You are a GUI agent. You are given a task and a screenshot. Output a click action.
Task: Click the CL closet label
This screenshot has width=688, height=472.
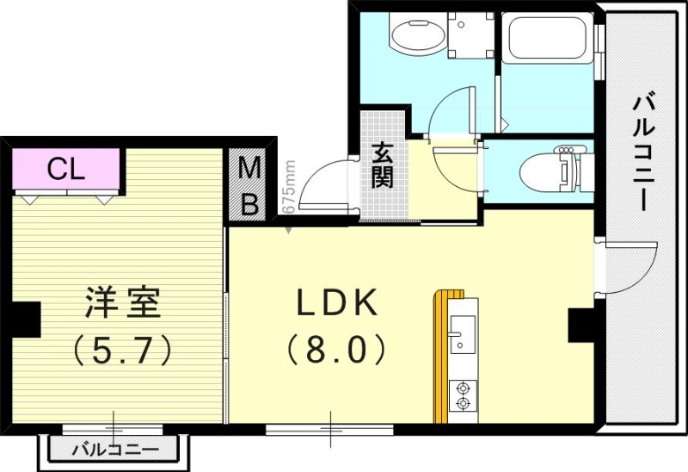(65, 168)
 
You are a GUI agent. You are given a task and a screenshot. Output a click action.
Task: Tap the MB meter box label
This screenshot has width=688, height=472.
(249, 185)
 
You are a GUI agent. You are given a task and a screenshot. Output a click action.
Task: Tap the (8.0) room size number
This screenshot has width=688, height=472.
(335, 349)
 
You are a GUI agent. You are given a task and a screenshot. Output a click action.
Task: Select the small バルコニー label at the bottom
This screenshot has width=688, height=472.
(114, 450)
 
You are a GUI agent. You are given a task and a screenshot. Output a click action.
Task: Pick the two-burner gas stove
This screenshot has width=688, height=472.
(463, 395)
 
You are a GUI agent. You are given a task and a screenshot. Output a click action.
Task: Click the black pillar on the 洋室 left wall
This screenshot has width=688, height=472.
(26, 319)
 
